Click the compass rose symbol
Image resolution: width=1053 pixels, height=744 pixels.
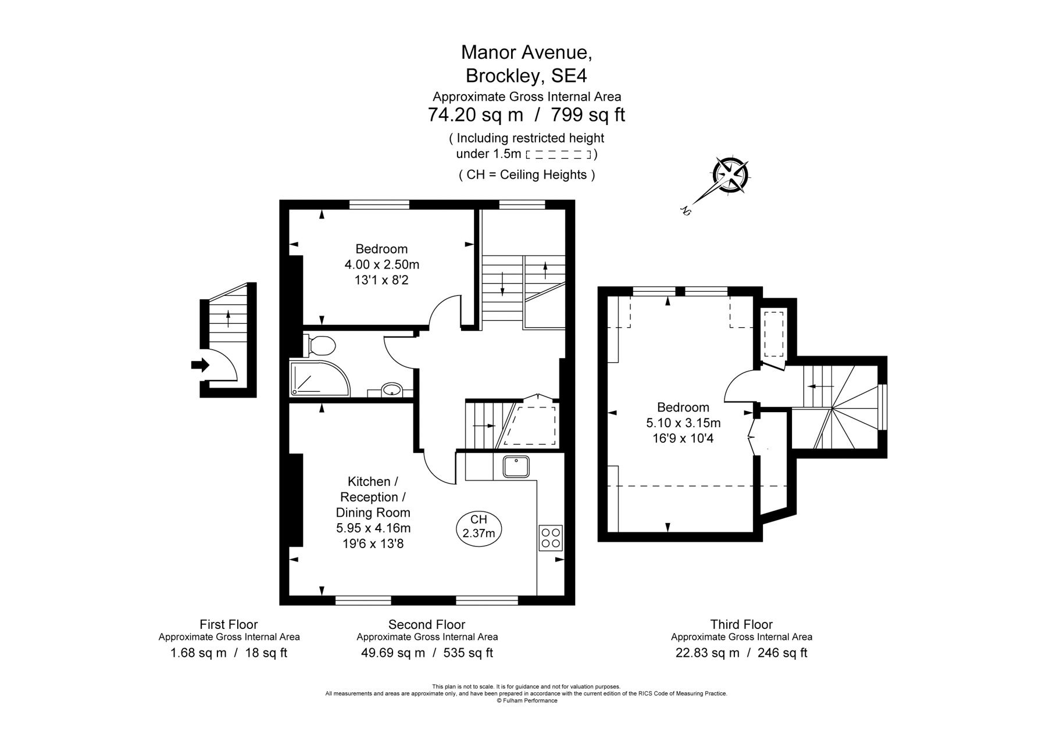(x=730, y=175)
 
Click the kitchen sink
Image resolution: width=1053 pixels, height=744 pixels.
(x=516, y=466)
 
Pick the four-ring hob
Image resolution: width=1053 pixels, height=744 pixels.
(x=551, y=538)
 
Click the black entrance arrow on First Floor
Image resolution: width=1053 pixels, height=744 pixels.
(x=200, y=365)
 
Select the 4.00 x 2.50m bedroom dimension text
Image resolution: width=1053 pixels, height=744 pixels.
(x=381, y=265)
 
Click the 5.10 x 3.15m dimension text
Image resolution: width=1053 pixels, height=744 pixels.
(x=683, y=423)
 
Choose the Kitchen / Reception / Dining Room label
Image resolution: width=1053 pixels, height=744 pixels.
(x=373, y=497)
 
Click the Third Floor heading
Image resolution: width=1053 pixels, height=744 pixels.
(x=741, y=624)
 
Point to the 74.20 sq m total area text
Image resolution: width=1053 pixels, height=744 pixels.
(x=475, y=115)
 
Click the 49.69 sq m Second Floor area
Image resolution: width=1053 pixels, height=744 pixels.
(x=393, y=653)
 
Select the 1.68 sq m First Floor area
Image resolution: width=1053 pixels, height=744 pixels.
(x=198, y=653)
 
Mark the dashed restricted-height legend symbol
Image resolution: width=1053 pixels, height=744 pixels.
(x=558, y=154)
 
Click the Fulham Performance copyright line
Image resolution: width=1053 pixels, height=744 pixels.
(x=526, y=701)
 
